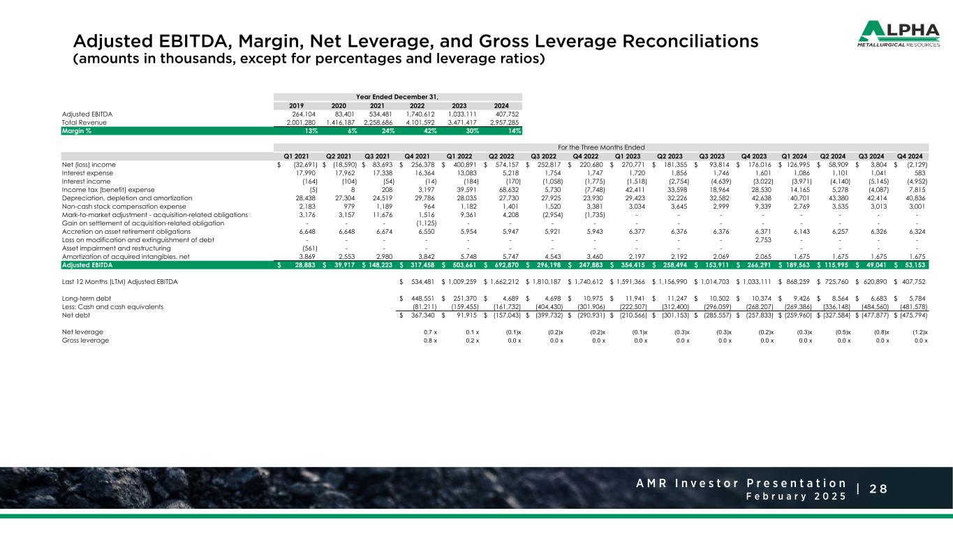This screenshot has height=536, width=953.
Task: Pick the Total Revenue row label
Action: [83, 121]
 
